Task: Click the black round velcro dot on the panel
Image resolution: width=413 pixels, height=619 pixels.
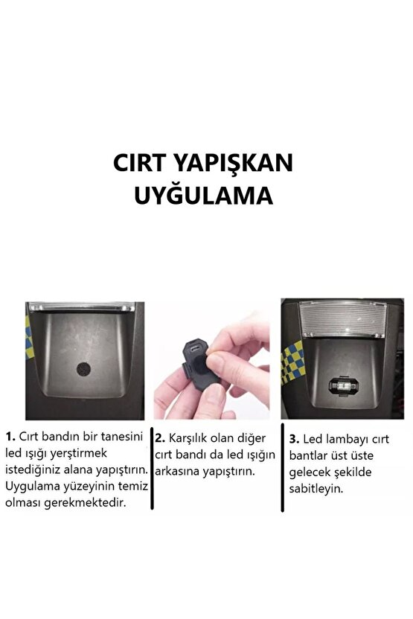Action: pyautogui.click(x=83, y=369)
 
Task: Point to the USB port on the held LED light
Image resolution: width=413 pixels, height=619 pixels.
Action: pyautogui.click(x=194, y=349)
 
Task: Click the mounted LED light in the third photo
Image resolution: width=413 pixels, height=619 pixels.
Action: pyautogui.click(x=343, y=385)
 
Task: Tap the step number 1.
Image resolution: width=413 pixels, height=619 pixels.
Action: pyautogui.click(x=10, y=437)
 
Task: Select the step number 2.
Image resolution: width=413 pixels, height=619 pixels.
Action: pyautogui.click(x=159, y=438)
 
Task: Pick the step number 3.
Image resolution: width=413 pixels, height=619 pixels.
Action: pyautogui.click(x=294, y=439)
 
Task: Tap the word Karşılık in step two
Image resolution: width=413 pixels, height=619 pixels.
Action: pyautogui.click(x=188, y=439)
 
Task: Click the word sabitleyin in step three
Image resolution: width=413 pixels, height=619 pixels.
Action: pyautogui.click(x=316, y=489)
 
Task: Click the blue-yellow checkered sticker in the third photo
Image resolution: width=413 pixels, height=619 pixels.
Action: pyautogui.click(x=292, y=362)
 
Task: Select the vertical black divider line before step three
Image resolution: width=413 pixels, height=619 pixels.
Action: pyautogui.click(x=282, y=468)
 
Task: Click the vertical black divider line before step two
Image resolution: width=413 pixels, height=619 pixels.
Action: pyautogui.click(x=152, y=468)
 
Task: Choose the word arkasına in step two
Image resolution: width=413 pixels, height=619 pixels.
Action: pyautogui.click(x=177, y=471)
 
